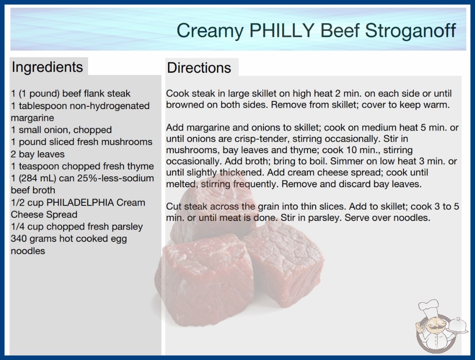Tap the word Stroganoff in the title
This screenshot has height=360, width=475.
point(411,30)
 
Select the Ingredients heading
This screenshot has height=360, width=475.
point(47,67)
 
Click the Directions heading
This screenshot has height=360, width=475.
point(199,68)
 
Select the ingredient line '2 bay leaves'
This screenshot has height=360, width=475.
point(38,154)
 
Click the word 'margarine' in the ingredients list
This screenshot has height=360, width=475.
point(32,118)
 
